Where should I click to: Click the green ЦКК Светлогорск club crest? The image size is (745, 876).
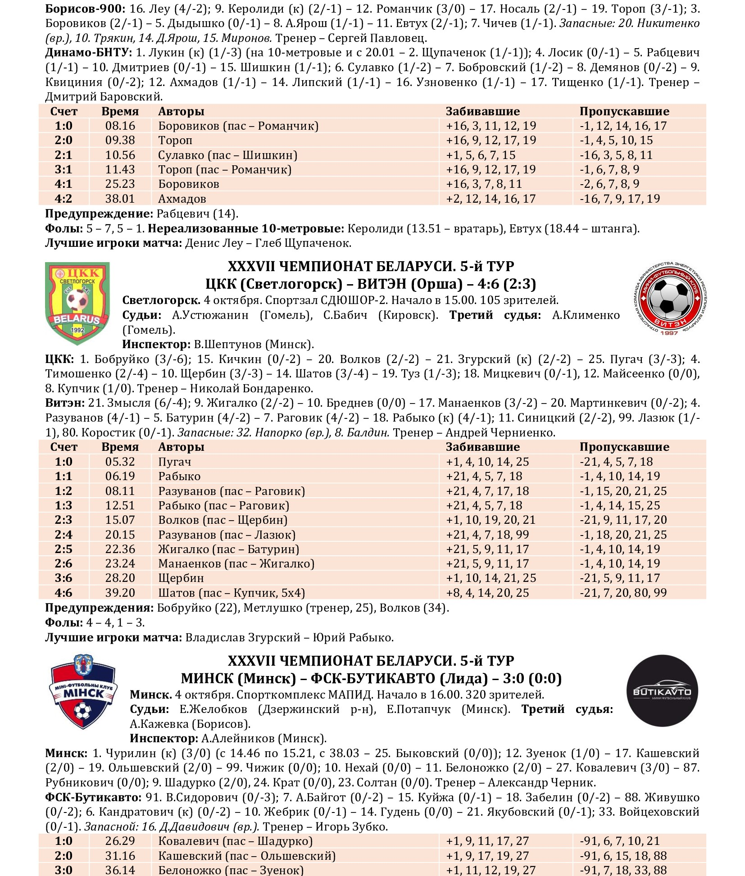[77, 304]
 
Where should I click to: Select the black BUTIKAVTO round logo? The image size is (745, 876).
[662, 691]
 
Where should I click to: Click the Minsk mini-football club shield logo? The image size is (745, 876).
[83, 692]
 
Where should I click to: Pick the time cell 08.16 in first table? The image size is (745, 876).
[120, 126]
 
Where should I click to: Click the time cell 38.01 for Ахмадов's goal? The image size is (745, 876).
[120, 199]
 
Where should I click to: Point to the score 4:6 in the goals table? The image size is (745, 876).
[64, 593]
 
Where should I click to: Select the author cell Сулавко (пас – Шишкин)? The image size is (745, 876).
[227, 155]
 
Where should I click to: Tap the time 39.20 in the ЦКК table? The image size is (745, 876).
[120, 593]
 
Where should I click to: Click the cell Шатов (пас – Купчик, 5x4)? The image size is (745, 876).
[232, 593]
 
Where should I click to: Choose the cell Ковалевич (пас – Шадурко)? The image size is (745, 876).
[235, 841]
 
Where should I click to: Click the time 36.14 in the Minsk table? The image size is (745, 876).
[120, 870]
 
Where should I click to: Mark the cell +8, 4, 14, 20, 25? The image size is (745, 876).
[487, 593]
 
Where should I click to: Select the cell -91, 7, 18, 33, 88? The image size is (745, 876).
[623, 870]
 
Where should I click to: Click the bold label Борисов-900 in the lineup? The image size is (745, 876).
[85, 9]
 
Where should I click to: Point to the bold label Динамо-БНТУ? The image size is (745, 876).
[88, 53]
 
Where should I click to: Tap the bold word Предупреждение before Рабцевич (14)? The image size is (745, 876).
[99, 213]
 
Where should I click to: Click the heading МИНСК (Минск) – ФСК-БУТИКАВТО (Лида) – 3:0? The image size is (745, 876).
[371, 678]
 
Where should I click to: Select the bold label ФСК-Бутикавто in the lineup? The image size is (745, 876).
[93, 797]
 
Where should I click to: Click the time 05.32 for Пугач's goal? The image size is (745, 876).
[120, 462]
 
